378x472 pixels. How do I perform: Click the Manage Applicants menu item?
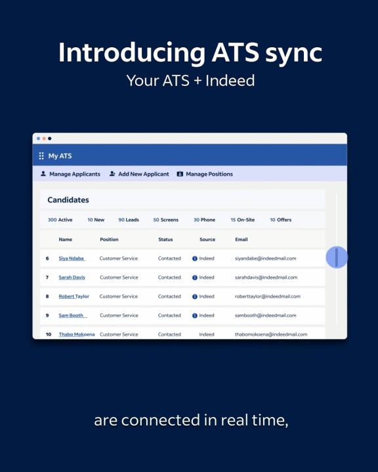coord(70,174)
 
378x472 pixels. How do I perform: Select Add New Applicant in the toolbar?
coord(139,174)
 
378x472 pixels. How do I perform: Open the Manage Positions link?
coord(205,174)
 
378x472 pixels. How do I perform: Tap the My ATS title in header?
coord(60,156)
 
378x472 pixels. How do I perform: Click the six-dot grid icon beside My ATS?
coord(41,156)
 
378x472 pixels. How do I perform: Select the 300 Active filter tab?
coord(60,220)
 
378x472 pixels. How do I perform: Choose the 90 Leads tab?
coord(129,220)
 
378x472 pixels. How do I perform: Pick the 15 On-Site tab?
coord(243,220)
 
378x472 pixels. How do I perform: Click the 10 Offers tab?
coord(281,220)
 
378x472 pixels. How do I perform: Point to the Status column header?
coord(165,239)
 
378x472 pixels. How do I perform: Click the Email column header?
coord(241,239)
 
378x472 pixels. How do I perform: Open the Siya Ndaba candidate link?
coord(72,258)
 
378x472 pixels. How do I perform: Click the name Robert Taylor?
coord(74,296)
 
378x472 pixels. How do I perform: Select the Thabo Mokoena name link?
coord(77,334)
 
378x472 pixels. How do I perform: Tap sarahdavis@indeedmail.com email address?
coord(266,277)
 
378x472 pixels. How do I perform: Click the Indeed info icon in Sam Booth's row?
coord(195,315)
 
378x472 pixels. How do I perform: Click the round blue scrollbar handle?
coord(337,257)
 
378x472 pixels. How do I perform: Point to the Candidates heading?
coord(68,200)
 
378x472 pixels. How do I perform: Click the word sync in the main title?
coord(293,53)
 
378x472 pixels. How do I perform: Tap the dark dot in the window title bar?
coord(50,138)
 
